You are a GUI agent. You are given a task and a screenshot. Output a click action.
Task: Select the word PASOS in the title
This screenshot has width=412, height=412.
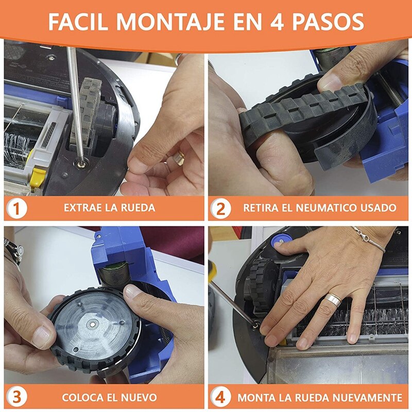pos(328,22)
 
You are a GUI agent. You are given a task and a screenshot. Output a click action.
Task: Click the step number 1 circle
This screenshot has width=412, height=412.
pos(16,209)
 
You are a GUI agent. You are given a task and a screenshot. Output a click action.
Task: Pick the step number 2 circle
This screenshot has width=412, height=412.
pos(221,209)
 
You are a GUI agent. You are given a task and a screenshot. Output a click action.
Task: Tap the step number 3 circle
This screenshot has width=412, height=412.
pos(16,397)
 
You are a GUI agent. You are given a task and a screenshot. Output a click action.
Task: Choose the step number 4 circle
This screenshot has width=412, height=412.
pos(221,397)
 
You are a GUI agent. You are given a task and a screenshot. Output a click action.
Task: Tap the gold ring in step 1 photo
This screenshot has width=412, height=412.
pos(178,158)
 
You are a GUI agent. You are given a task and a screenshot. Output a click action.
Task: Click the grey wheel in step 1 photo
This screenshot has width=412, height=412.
pos(87,113)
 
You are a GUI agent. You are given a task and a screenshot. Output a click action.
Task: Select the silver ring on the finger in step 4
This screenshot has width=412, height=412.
pos(333,300)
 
